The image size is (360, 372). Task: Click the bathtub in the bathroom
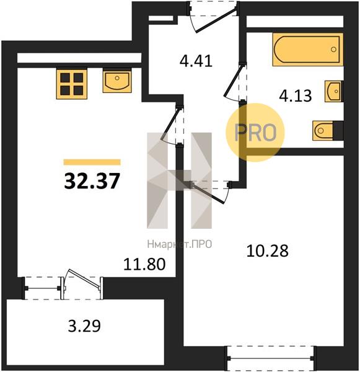308,49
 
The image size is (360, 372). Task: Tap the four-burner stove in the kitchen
72,83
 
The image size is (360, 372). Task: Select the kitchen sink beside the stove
117,81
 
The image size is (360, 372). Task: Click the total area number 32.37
92,180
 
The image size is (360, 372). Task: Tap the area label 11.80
144,264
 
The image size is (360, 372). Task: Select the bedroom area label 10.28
267,250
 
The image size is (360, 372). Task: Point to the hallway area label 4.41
196,61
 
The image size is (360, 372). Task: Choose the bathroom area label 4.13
296,96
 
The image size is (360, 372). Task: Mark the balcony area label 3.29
84,326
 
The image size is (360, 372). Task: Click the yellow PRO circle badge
255,132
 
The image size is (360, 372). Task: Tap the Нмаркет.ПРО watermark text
180,244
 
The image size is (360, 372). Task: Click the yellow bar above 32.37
92,162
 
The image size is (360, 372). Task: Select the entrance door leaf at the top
216,20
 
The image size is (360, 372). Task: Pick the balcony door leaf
84,279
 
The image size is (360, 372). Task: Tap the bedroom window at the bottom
271,358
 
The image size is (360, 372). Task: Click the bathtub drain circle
334,50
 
